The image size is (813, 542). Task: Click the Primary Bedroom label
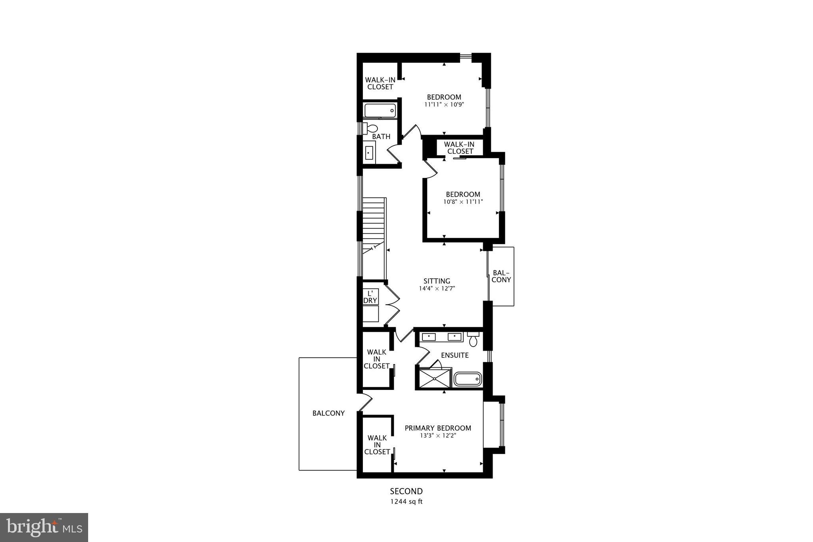438,428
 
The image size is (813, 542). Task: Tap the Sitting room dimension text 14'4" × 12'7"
437,289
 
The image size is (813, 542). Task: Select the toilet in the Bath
372,129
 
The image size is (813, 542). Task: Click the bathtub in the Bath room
380,110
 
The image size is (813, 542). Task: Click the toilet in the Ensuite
473,340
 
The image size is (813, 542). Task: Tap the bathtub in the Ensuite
468,379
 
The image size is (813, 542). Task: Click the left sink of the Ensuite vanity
429,337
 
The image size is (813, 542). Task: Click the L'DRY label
370,297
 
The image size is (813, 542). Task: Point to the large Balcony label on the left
328,413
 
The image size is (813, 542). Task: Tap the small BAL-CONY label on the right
501,276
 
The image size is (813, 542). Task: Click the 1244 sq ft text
406,501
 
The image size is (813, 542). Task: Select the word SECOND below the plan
406,492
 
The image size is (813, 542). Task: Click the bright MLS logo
44,527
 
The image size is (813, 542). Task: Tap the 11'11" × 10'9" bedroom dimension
444,105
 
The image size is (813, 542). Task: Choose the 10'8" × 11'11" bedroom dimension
463,202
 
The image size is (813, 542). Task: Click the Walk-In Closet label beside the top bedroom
380,83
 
